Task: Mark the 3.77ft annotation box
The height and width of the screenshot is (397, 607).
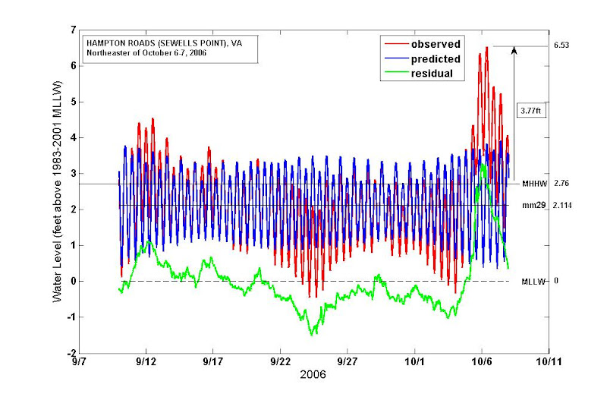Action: pyautogui.click(x=530, y=111)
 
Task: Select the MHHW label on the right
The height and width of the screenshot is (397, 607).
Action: pyautogui.click(x=532, y=184)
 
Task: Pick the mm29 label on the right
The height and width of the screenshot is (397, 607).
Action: pyautogui.click(x=532, y=205)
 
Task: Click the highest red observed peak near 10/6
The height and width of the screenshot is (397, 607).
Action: pyautogui.click(x=486, y=48)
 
